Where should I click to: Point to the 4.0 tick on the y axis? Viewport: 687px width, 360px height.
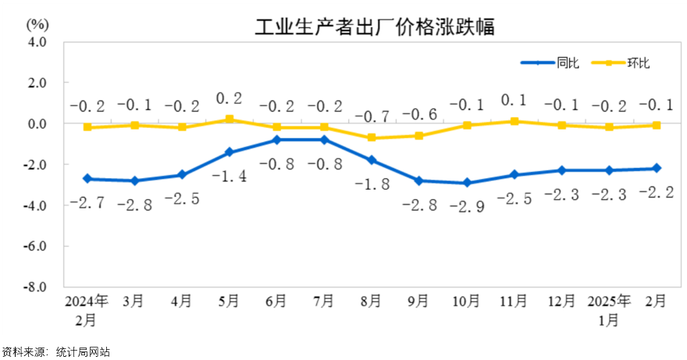(38, 42)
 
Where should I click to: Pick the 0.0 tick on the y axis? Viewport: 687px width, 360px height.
(38, 123)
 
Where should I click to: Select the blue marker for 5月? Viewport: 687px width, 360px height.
(230, 152)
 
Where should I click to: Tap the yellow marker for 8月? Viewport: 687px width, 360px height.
(372, 137)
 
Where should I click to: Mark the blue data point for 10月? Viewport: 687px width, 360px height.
(467, 183)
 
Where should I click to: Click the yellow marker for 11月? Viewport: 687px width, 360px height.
(514, 121)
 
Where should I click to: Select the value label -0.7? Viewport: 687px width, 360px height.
(373, 116)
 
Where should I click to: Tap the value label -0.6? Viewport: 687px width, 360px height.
(420, 115)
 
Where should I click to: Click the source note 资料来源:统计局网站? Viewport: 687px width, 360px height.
(55, 352)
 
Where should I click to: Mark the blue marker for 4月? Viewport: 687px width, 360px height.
(182, 175)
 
